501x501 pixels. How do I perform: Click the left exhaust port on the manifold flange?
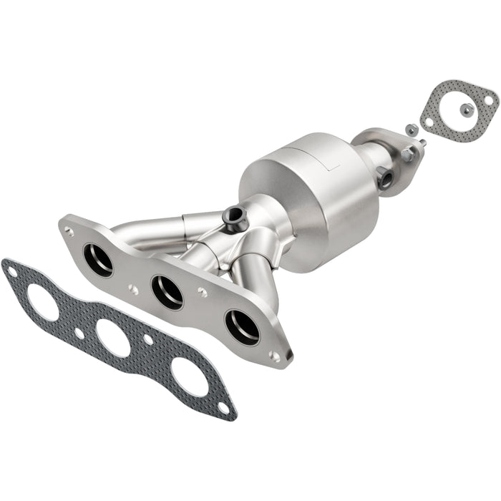[98, 260]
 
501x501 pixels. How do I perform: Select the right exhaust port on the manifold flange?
[242, 326]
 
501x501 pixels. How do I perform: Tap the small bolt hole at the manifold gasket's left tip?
[11, 270]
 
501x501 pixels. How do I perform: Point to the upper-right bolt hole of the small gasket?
[489, 101]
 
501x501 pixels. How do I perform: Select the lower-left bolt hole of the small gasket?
[429, 122]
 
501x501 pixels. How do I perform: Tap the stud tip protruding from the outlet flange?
[423, 143]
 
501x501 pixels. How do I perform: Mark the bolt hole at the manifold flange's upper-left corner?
[69, 231]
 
